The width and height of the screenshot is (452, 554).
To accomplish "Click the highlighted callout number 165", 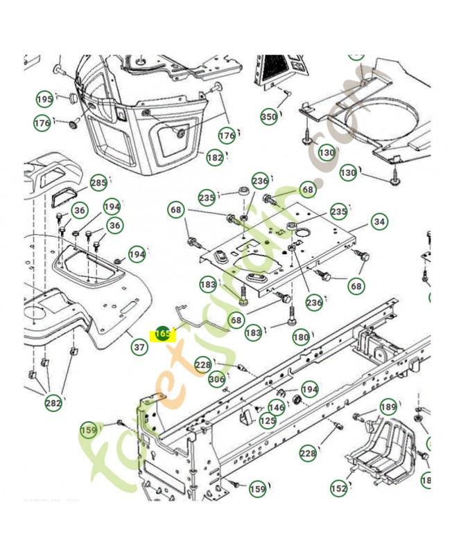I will pyautogui.click(x=162, y=333).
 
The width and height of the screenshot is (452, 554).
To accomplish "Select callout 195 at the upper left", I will pyautogui.click(x=44, y=100).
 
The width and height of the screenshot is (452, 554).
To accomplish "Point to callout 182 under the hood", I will pyautogui.click(x=215, y=157).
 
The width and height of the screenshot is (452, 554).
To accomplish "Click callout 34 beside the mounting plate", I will pyautogui.click(x=379, y=222).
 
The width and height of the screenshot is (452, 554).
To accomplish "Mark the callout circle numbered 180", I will pyautogui.click(x=301, y=337).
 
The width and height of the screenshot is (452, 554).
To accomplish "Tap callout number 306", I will pyautogui.click(x=217, y=379).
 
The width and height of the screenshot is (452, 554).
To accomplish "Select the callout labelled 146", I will pyautogui.click(x=277, y=407).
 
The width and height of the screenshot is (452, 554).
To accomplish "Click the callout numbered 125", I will pyautogui.click(x=268, y=420).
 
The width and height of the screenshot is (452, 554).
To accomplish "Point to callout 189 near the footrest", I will pyautogui.click(x=388, y=407).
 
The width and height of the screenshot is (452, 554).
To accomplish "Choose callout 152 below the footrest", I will pyautogui.click(x=338, y=488).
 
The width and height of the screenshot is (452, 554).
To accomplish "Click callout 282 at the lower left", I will pyautogui.click(x=53, y=402).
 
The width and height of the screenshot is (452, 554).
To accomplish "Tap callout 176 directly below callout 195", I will pyautogui.click(x=42, y=123).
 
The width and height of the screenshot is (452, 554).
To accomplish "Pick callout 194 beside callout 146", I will pyautogui.click(x=309, y=390).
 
